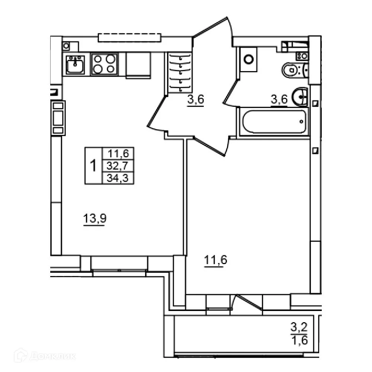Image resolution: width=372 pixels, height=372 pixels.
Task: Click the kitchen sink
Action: (x=75, y=64)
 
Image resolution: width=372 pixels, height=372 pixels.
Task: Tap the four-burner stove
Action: (x=105, y=64)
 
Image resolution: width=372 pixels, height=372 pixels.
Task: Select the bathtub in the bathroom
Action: (x=274, y=122)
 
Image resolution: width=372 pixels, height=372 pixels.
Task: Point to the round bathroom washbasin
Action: (x=300, y=97)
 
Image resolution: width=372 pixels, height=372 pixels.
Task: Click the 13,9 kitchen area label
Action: (x=94, y=218)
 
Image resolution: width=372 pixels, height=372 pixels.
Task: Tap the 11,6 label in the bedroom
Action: (x=215, y=260)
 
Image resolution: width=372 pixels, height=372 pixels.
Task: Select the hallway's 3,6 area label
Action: (x=196, y=99)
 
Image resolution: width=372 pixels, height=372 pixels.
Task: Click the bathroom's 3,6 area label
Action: (x=279, y=99)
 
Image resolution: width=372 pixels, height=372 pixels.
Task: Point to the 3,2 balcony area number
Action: (x=299, y=327)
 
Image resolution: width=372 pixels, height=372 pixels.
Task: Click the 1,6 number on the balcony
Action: (x=299, y=340)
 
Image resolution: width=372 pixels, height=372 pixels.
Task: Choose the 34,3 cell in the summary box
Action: (x=118, y=178)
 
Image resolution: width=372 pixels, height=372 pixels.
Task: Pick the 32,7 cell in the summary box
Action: (x=118, y=166)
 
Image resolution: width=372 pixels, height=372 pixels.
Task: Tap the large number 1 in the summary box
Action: (x=94, y=166)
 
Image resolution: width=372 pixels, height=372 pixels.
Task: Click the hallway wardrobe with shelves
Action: (x=179, y=73)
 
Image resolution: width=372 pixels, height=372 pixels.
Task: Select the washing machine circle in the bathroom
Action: (x=248, y=59)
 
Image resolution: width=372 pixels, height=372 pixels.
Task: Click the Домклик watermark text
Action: (x=53, y=356)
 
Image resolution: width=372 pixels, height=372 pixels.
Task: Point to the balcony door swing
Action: (x=247, y=302)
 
